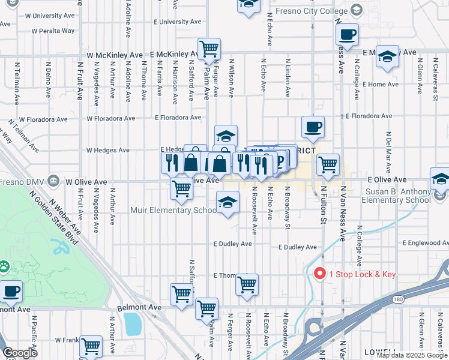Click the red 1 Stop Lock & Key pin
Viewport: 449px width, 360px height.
coord(320,273)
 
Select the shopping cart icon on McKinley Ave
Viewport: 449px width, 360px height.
coord(209,49)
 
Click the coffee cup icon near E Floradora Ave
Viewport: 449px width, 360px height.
coord(313,127)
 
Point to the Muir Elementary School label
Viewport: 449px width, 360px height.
coord(173,211)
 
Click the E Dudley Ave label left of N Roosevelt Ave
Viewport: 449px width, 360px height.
coord(232,244)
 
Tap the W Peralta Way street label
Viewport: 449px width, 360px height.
coord(53,30)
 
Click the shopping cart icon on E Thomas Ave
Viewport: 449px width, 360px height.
coord(247,284)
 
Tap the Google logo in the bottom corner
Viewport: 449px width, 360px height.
coord(20,353)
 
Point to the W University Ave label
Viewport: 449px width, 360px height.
coord(53,16)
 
